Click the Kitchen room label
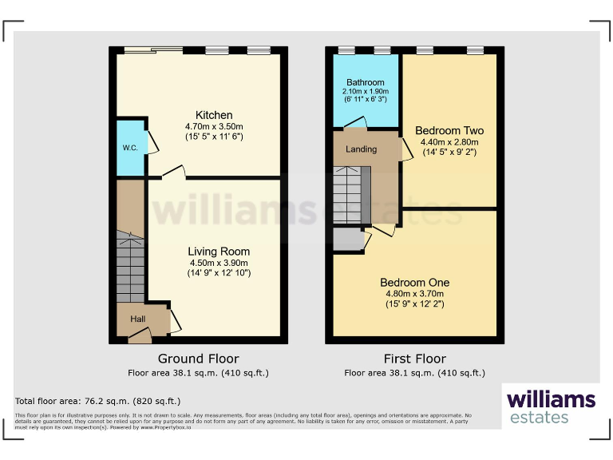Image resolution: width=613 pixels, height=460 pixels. pyautogui.click(x=215, y=115)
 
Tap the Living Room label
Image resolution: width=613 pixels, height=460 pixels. pyautogui.click(x=219, y=251)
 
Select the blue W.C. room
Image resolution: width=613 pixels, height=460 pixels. pyautogui.click(x=130, y=148)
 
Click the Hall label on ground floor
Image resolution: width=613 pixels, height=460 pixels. pyautogui.click(x=138, y=319)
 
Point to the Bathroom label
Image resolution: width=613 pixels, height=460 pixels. pyautogui.click(x=366, y=82)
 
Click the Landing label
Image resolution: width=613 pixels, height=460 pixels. pyautogui.click(x=361, y=149)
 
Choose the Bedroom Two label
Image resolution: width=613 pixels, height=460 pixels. pyautogui.click(x=449, y=130)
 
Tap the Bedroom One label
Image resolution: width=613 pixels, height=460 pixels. pyautogui.click(x=414, y=282)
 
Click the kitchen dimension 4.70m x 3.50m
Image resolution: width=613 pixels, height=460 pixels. pyautogui.click(x=215, y=126)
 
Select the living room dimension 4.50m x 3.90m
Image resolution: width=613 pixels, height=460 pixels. pyautogui.click(x=219, y=262)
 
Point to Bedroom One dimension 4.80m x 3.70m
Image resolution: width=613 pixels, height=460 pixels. pyautogui.click(x=414, y=293)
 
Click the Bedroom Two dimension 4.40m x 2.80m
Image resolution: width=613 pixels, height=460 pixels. pyautogui.click(x=449, y=141)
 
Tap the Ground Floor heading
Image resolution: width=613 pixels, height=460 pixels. pyautogui.click(x=198, y=359)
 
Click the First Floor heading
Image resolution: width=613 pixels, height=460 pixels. pyautogui.click(x=414, y=359)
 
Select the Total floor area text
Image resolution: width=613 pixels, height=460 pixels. pyautogui.click(x=98, y=401)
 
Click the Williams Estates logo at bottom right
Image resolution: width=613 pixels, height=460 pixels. pyautogui.click(x=551, y=406)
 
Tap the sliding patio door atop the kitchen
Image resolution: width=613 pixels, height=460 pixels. pyautogui.click(x=152, y=50)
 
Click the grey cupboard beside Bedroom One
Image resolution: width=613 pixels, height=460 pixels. pyautogui.click(x=347, y=239)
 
